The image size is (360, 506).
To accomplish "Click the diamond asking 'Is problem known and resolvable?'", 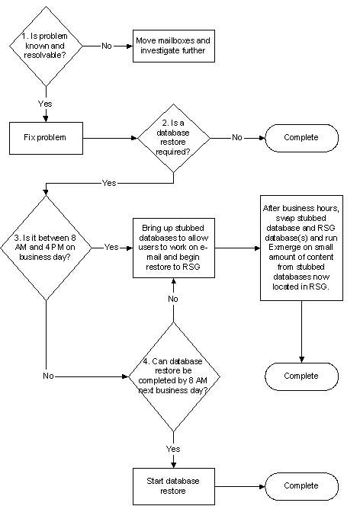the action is pos(46,46).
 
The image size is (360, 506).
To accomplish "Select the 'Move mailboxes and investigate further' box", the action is pos(174,46).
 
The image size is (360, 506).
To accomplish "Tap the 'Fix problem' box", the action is pos(46,138).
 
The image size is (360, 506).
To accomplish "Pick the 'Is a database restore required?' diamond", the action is pos(174,138).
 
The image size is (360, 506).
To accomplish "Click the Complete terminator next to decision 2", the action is pos(301,138).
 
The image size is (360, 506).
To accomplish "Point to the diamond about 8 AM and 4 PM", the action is pos(46,248).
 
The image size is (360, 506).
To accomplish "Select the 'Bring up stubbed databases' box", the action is pos(174,248).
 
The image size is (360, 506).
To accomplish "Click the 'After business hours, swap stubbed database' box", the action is pos(301,248).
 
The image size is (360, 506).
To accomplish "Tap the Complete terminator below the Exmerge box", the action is pos(301,376).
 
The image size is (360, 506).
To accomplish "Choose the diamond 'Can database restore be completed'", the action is pos(175,376).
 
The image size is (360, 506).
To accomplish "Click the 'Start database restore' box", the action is pos(174,486).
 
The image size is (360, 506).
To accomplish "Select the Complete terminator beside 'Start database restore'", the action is pos(301,486).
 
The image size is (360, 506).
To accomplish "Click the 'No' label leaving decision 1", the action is pos(107,46).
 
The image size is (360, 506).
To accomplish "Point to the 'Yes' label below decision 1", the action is pos(45,104).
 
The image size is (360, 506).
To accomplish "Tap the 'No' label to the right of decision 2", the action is pos(237,138).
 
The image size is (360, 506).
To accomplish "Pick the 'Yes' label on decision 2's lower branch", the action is pos(109,184).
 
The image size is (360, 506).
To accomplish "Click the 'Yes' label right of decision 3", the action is pos(111,248).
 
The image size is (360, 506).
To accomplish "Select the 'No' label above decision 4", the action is pos(173,299).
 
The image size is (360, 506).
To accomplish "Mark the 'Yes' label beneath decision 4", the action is pos(173,449).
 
